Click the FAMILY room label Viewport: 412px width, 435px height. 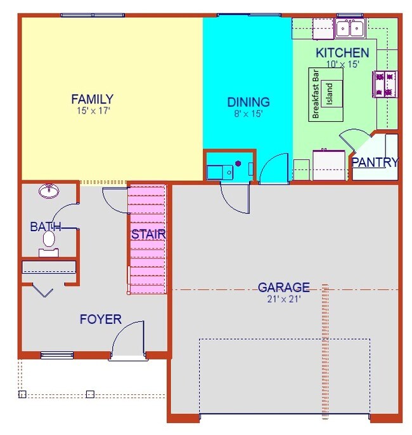[x=92, y=99]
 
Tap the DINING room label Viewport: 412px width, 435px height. [x=248, y=102]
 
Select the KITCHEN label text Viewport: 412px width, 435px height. [x=342, y=53]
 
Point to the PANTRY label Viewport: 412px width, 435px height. [x=375, y=162]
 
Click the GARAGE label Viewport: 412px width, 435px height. [x=283, y=287]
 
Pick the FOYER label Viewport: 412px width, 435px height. [x=100, y=319]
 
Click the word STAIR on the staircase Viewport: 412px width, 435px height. [x=148, y=234]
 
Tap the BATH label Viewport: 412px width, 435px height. [x=46, y=227]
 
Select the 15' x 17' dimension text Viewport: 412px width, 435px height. [x=92, y=110]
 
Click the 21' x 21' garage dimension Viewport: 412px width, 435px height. [x=283, y=298]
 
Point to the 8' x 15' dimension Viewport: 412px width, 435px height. [x=248, y=114]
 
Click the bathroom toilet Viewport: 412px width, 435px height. [x=49, y=242]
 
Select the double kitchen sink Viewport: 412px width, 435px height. [x=350, y=28]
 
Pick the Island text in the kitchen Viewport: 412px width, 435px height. [x=329, y=95]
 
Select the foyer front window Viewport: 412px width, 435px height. [x=57, y=354]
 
